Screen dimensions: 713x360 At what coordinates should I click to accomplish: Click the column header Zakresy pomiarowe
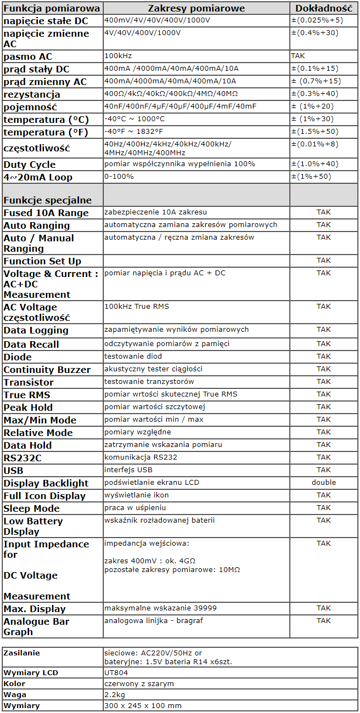(x=196, y=8)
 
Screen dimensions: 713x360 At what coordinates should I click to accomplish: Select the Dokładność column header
(x=324, y=8)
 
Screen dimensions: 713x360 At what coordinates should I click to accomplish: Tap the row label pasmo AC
(x=28, y=56)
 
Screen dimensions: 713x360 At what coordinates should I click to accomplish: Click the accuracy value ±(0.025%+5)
(x=317, y=20)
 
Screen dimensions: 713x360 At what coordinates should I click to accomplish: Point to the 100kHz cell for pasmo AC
(x=118, y=56)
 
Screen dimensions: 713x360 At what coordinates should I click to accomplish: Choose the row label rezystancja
(x=32, y=94)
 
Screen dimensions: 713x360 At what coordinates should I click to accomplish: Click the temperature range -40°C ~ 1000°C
(x=134, y=119)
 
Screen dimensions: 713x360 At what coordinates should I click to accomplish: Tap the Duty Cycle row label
(x=30, y=165)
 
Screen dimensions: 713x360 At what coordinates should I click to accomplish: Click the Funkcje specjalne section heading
(x=48, y=200)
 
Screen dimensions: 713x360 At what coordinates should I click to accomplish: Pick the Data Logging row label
(x=36, y=330)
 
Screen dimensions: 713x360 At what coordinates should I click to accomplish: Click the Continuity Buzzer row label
(x=47, y=370)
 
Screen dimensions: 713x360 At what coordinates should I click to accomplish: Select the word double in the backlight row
(x=324, y=483)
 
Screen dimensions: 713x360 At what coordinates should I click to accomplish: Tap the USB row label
(x=14, y=471)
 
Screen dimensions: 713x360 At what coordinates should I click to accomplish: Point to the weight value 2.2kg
(x=114, y=694)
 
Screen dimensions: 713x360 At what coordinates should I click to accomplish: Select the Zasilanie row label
(x=22, y=653)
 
